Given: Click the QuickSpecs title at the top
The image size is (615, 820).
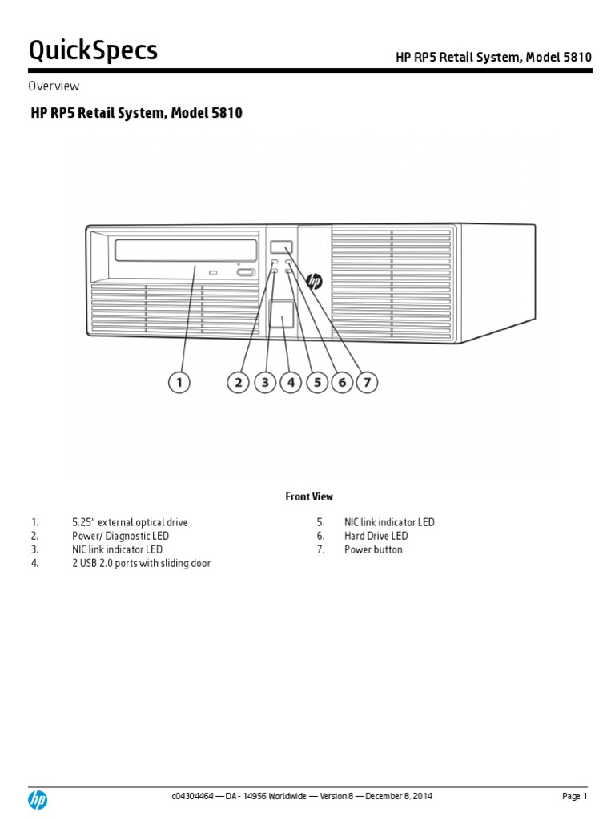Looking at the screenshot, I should click(x=93, y=51).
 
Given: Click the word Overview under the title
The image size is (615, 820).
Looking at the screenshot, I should click(x=54, y=86).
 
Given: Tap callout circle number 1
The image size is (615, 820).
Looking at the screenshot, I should click(x=179, y=383).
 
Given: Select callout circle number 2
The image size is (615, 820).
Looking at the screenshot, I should click(x=238, y=383).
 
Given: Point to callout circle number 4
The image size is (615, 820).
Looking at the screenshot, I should click(x=291, y=383).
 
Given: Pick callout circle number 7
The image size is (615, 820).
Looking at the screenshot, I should click(x=367, y=383).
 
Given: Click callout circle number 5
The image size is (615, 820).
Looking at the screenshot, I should click(x=316, y=383).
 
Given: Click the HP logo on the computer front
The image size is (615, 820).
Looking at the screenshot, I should click(x=314, y=281).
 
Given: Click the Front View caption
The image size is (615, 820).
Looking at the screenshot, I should click(x=309, y=496).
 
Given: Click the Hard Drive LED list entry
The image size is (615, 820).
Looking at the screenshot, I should click(x=376, y=536).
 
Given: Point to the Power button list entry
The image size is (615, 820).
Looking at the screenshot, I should click(x=373, y=549).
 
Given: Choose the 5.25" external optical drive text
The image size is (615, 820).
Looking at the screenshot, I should click(x=130, y=522).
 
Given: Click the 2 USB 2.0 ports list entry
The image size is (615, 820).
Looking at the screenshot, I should click(x=141, y=563).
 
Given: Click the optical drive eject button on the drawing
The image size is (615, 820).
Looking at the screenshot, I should click(x=245, y=273).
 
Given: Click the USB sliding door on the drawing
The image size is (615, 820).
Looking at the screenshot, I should click(x=281, y=314).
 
